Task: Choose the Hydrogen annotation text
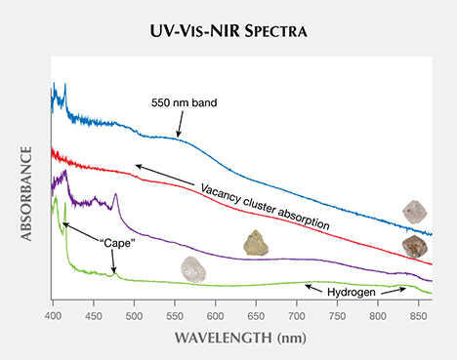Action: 355,289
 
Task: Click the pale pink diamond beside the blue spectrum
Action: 416,212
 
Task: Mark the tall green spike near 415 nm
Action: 64,206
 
